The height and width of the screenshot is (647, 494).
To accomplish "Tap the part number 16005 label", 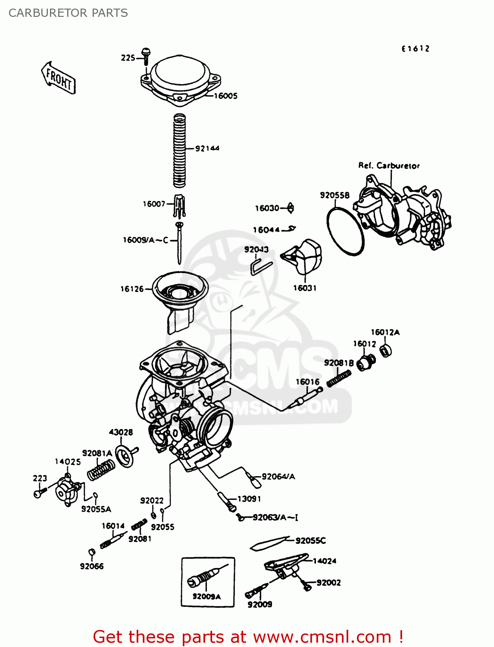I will pos(225,96).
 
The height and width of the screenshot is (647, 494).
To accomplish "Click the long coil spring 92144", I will pos(179,151).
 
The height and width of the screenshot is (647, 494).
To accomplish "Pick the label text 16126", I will pos(132,289).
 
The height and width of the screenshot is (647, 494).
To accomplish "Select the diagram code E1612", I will pos(416,49).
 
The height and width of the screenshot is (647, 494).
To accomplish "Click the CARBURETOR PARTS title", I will pos(68,13).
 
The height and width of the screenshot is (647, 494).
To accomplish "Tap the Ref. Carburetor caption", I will pos(389,166).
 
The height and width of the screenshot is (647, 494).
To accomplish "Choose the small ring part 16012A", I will pos(386,351).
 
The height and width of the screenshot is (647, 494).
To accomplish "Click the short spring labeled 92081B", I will pos(339,379).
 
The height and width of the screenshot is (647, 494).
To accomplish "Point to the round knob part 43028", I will pos(125,455).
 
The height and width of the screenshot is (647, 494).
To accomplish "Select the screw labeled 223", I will pos(39,493).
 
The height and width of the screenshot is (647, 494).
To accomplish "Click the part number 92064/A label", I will pos(278,477).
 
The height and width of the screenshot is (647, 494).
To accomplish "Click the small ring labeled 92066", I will pos(91,553).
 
